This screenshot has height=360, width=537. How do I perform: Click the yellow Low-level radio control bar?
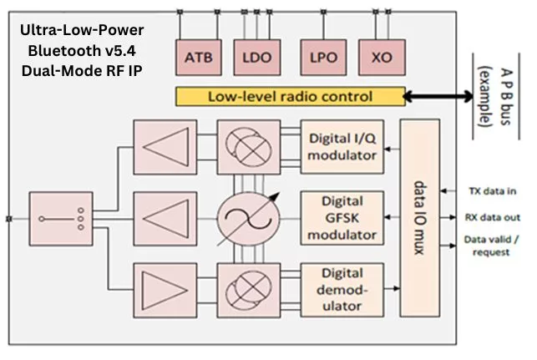(288, 96)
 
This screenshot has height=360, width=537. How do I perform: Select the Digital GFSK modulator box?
(343, 220)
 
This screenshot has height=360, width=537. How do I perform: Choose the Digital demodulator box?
(343, 289)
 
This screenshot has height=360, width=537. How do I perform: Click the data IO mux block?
(420, 219)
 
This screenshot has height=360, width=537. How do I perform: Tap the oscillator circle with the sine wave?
(243, 220)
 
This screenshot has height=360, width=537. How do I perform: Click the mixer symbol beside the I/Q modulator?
(243, 148)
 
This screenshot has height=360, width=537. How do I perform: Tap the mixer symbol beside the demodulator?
(243, 289)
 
